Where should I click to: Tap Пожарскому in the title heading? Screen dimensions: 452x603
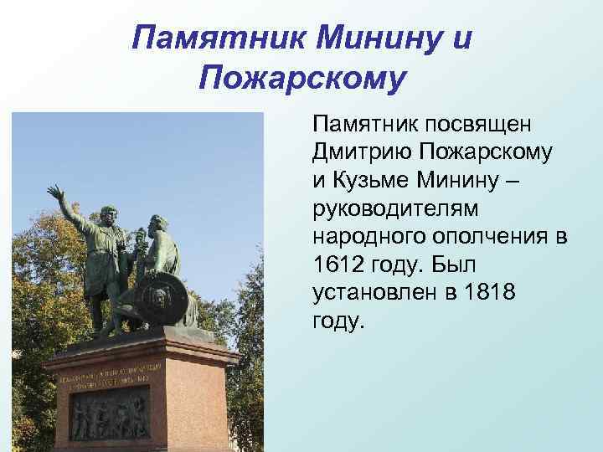click(302, 80)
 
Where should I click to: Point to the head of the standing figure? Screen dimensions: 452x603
click(108, 214)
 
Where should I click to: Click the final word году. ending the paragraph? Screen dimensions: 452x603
click(339, 322)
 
